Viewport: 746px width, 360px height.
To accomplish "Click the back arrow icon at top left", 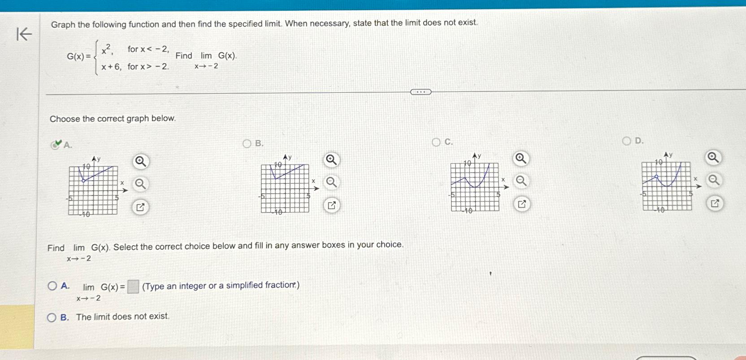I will [x=24, y=34].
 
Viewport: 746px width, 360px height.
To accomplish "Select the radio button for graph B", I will [x=247, y=143].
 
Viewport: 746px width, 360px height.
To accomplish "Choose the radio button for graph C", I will [x=436, y=142].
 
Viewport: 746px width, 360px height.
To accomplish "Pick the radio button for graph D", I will [x=626, y=141].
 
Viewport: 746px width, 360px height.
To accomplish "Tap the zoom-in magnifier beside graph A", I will [x=140, y=161].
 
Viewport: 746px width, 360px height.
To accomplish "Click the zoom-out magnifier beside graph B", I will [x=331, y=182].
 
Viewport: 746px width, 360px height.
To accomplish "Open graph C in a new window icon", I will [x=521, y=204].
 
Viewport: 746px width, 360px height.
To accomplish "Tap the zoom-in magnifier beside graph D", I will [x=713, y=158].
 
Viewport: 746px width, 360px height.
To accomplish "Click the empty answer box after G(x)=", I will [x=133, y=286].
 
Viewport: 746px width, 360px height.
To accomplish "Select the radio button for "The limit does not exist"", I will [x=52, y=318].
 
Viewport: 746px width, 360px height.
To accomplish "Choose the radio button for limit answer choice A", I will [x=52, y=286].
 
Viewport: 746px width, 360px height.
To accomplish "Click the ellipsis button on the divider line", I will [x=421, y=92].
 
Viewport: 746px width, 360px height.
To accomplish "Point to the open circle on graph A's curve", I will [x=83, y=181].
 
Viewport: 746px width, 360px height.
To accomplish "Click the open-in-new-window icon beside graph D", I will [x=715, y=204].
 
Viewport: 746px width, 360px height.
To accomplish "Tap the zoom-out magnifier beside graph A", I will [x=140, y=184].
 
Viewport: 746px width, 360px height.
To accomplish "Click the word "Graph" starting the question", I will [x=63, y=25].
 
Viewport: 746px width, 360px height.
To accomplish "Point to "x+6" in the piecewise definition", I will [x=111, y=67].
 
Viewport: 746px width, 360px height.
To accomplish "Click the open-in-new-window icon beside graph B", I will [x=332, y=206].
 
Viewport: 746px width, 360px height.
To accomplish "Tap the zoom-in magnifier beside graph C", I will [x=520, y=158].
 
